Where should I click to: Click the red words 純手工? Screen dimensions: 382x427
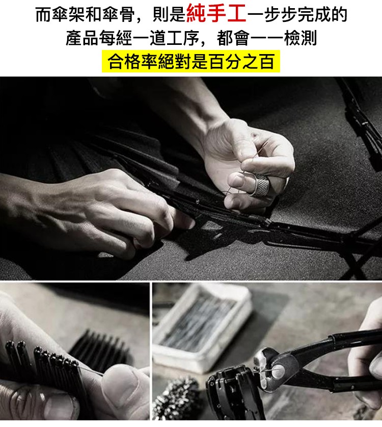click(x=216, y=14)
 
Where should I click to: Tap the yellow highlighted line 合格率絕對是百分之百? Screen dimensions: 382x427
click(x=191, y=61)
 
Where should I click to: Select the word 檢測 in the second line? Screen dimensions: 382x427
click(x=300, y=38)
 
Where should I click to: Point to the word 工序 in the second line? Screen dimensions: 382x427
click(x=183, y=38)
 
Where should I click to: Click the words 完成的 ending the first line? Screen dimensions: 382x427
click(x=322, y=14)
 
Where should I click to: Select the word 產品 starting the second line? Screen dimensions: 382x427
click(x=82, y=38)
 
